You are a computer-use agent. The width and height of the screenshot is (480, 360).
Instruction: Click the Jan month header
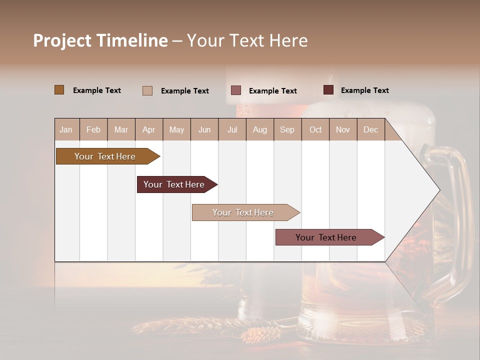[x=66, y=129]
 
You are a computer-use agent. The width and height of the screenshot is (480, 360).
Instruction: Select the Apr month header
[x=148, y=129]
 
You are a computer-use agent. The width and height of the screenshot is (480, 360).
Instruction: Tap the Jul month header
[x=232, y=129]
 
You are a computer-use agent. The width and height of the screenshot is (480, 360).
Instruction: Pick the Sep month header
[x=287, y=129]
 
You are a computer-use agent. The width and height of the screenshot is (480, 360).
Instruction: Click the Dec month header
[x=370, y=129]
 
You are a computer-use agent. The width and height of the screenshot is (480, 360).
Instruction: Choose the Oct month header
[x=315, y=129]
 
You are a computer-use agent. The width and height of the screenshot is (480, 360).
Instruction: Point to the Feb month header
[x=93, y=129]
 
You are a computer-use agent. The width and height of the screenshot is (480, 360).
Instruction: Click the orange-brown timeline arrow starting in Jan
[x=105, y=156]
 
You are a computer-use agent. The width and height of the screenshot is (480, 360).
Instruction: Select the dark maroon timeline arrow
[x=174, y=184]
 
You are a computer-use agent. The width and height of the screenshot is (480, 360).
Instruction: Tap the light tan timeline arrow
[x=243, y=212]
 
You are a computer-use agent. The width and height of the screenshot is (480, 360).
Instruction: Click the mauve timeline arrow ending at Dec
[x=326, y=237]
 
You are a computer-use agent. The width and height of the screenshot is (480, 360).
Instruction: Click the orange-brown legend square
[x=59, y=90]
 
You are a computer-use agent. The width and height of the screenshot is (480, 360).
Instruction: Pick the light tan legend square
[x=147, y=90]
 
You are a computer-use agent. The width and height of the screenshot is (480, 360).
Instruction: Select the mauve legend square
[x=236, y=90]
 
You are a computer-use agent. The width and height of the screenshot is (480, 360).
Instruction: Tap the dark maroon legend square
[x=328, y=90]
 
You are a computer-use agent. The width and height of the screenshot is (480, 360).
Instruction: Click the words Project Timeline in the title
[x=100, y=40]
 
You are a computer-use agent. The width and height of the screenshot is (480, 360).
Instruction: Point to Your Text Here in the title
[x=247, y=40]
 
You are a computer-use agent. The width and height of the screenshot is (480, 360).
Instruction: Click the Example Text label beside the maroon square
[x=364, y=90]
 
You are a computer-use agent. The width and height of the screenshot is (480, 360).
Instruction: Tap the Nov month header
[x=343, y=129]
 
